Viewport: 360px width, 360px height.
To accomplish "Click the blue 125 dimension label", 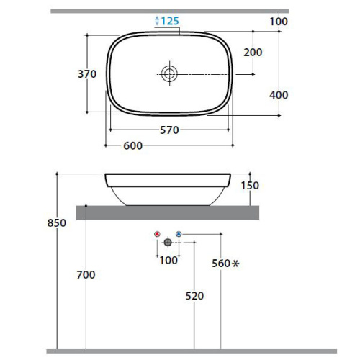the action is [x=170, y=21].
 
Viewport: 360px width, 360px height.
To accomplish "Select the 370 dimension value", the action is [x=87, y=74].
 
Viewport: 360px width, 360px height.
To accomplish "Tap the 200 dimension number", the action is [x=253, y=53].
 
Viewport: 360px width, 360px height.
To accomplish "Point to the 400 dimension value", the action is [x=279, y=95].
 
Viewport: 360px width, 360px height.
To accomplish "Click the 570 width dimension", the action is [x=169, y=130].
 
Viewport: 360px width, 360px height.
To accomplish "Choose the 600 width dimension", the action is [x=132, y=145].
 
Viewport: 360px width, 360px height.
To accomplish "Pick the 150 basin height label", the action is [x=250, y=186].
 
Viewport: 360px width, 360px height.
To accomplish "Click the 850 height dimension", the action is [x=57, y=223].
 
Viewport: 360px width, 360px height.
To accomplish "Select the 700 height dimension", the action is [x=86, y=274].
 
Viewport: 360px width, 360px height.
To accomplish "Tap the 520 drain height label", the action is [x=194, y=296].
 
